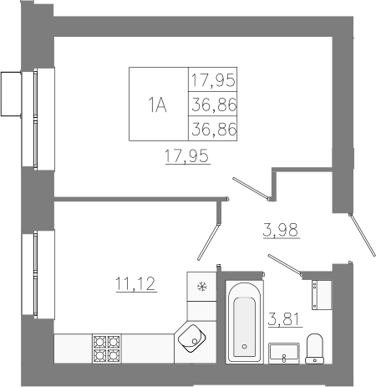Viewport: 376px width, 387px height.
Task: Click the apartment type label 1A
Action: coord(157,104)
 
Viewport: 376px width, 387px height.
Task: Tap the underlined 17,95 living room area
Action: coord(187,155)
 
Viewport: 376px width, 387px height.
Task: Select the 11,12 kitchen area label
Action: coord(135,283)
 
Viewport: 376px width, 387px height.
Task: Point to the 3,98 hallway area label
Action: coord(281,230)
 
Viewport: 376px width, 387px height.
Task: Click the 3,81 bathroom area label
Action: coord(285,319)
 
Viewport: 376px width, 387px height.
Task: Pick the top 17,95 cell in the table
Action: coord(213,79)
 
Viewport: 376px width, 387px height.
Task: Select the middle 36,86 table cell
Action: coord(213,104)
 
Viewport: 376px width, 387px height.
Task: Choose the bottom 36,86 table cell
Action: coord(213,129)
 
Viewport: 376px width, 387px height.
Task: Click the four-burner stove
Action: coord(107,349)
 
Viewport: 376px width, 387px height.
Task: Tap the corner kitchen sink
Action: coord(191,339)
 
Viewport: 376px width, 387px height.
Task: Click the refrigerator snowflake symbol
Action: coord(202,287)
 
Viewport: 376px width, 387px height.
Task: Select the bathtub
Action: coord(244,322)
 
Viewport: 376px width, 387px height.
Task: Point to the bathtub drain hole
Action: coord(245,347)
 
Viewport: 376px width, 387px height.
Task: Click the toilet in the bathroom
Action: coord(315,349)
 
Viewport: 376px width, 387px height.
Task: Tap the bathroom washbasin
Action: coord(284,354)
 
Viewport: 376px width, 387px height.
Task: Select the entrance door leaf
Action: coord(363,235)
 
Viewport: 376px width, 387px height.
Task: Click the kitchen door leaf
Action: coord(208,242)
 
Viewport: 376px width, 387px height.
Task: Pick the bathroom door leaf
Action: coord(285,265)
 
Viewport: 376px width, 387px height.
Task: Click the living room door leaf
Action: coord(252,189)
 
